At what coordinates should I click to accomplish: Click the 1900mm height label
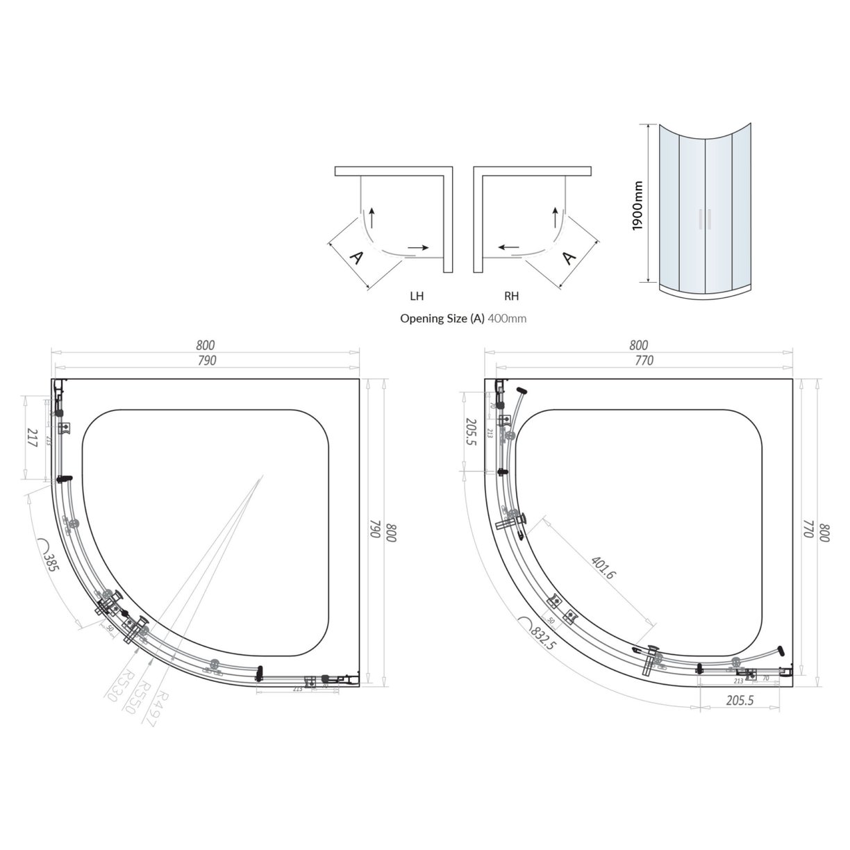(x=639, y=206)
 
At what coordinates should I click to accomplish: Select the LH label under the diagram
(x=417, y=297)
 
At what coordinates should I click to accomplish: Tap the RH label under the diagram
(x=511, y=297)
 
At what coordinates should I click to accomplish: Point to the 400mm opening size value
(x=508, y=319)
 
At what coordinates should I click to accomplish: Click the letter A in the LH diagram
(x=356, y=258)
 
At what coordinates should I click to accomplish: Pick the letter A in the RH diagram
(x=569, y=258)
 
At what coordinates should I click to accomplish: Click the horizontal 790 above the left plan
(x=207, y=360)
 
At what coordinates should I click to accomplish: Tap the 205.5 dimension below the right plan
(x=740, y=701)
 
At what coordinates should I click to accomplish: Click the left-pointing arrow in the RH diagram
(x=507, y=247)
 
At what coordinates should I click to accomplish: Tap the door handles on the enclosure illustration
(x=706, y=218)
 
